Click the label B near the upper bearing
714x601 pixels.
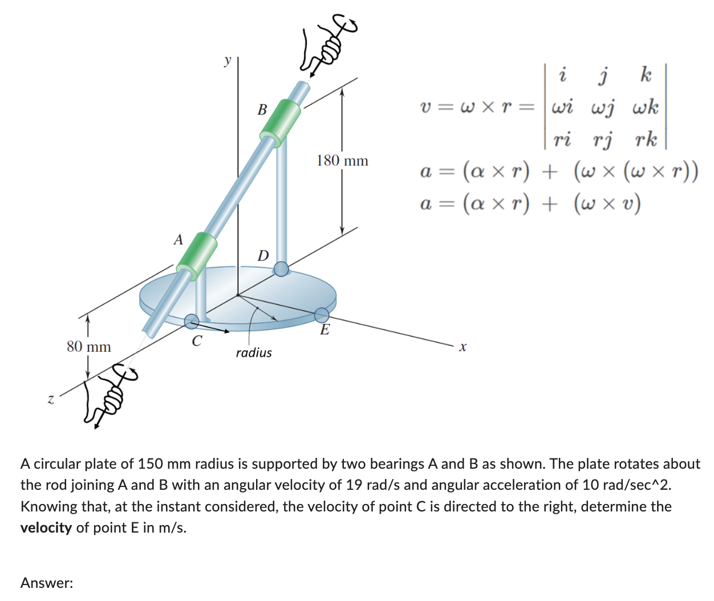262,109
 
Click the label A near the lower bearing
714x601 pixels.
178,240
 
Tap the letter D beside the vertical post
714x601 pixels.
263,255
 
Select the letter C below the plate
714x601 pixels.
197,342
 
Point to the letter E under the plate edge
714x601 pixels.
324,330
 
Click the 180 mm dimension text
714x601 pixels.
342,161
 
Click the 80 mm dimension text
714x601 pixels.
89,347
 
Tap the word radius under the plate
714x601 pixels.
254,353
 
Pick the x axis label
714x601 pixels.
463,347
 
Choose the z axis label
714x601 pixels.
51,400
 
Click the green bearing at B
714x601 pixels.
280,123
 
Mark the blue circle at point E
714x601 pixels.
322,315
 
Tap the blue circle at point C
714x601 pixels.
192,322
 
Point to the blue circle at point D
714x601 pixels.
281,269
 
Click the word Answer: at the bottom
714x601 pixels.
47,583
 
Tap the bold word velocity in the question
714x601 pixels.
46,527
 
